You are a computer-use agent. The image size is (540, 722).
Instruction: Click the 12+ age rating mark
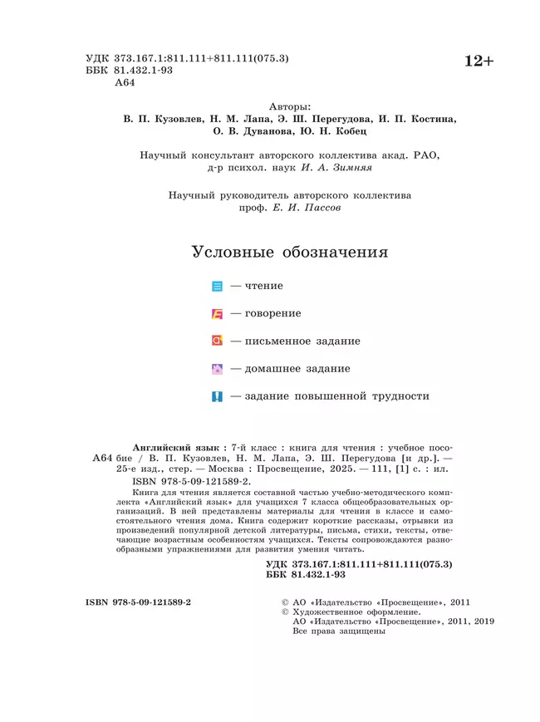click(x=478, y=61)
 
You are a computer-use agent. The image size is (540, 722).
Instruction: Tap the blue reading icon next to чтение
click(x=218, y=287)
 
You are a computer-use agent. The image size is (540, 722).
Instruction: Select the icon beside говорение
click(x=218, y=314)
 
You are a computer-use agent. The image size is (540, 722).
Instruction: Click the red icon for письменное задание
click(x=218, y=341)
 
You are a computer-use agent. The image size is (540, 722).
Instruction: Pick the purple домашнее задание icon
click(x=218, y=369)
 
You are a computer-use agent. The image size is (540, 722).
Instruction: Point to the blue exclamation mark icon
click(x=218, y=397)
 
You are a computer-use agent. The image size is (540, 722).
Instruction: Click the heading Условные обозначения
click(x=290, y=252)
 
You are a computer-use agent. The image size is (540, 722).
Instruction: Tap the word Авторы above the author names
click(x=291, y=106)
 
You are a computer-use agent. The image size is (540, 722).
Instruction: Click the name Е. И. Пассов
click(x=307, y=209)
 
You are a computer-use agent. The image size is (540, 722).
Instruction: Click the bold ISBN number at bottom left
click(x=138, y=601)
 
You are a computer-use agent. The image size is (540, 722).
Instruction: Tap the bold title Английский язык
click(x=173, y=447)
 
